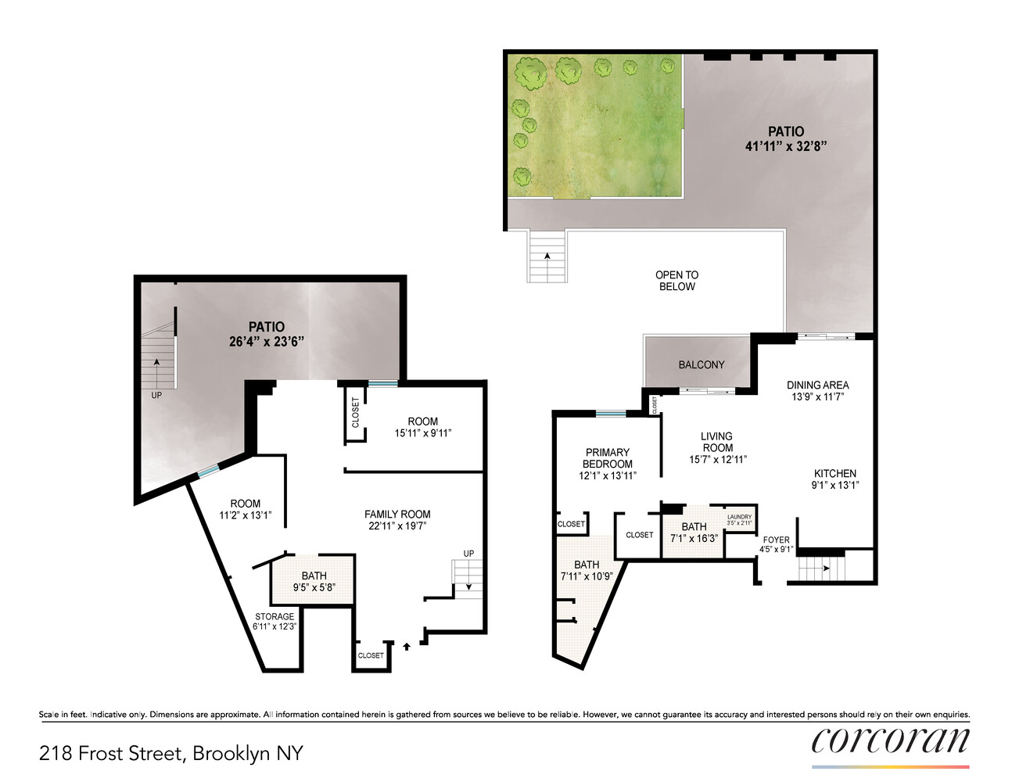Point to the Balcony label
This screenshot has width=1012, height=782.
702,365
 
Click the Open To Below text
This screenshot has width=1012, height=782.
677,281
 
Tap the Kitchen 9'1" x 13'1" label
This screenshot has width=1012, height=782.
835,479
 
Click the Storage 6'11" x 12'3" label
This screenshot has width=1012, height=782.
275,621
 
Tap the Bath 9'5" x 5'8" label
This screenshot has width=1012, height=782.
314,581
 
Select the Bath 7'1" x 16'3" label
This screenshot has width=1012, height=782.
694,533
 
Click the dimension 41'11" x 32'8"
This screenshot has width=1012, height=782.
786,146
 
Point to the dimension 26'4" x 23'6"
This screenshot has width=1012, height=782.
267,342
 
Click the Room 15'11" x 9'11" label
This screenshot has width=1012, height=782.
423,427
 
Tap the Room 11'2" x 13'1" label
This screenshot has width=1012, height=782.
246,509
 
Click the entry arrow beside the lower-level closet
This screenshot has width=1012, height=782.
406,646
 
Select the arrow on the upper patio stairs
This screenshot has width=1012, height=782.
547,256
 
